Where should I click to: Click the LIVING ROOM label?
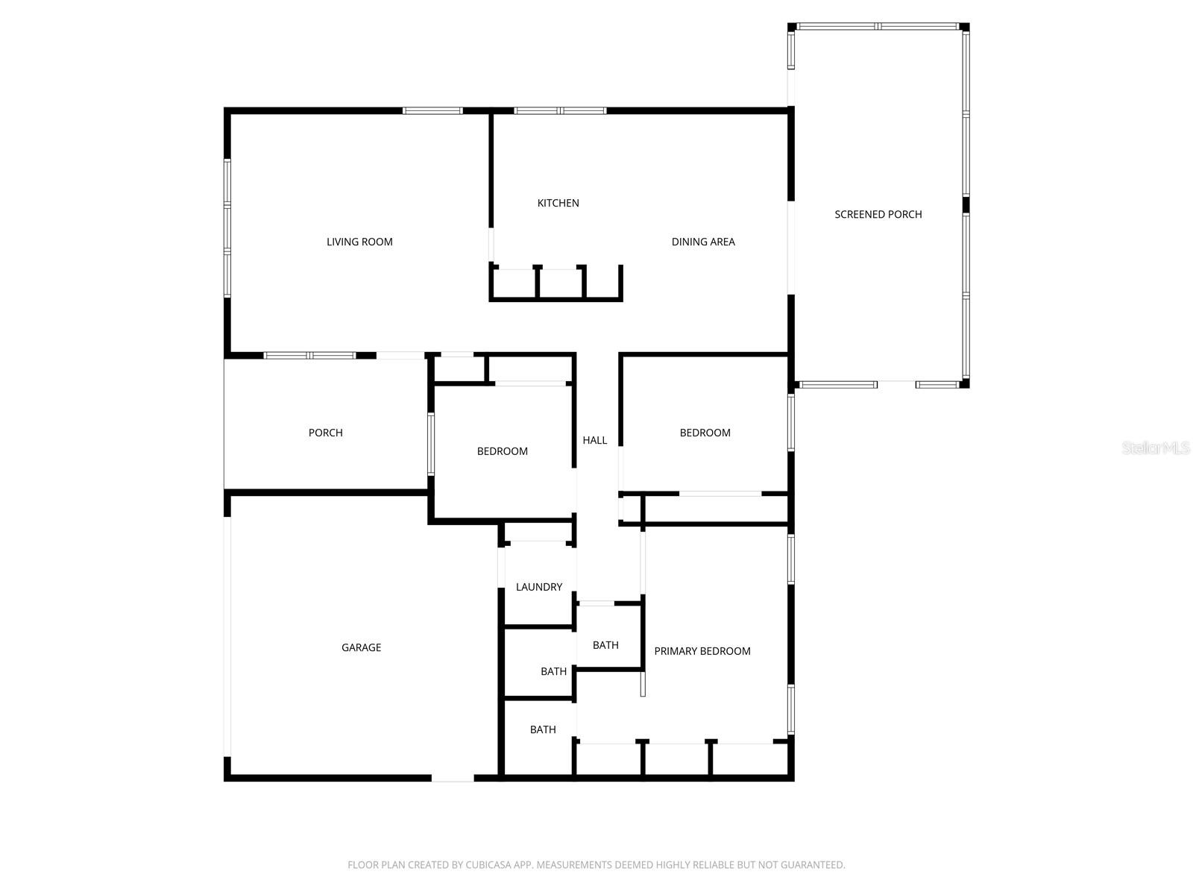(x=359, y=242)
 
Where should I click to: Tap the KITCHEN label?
(x=558, y=203)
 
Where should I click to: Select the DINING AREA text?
(x=703, y=242)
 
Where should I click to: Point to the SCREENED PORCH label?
(x=878, y=215)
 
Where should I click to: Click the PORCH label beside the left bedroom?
(x=326, y=433)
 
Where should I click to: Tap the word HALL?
(x=594, y=440)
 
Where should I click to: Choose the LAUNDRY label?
(x=539, y=587)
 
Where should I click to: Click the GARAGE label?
(x=361, y=647)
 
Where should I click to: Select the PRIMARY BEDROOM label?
(x=702, y=651)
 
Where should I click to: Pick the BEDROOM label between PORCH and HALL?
(x=502, y=451)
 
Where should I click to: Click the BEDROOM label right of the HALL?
(x=705, y=433)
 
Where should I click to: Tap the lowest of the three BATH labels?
(x=543, y=729)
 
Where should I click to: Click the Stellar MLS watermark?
(x=1156, y=448)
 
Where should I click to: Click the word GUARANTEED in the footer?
(x=813, y=865)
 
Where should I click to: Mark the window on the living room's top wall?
(x=432, y=111)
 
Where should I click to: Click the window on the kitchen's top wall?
(x=560, y=111)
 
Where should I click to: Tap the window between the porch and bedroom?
(x=430, y=444)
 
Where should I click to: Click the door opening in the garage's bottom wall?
(x=453, y=778)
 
